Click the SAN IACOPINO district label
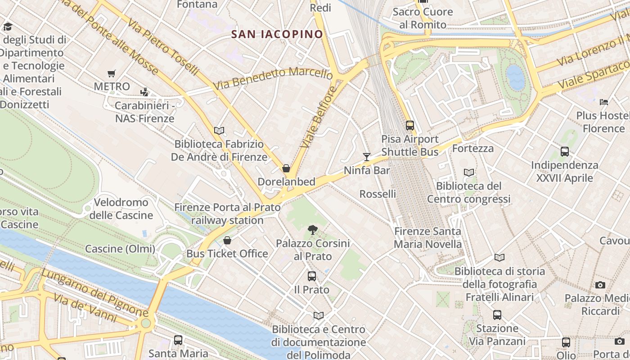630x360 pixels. (x=277, y=34)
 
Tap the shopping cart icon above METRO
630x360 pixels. (x=111, y=73)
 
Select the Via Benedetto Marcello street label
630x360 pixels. (x=273, y=78)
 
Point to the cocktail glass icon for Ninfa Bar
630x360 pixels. (x=367, y=157)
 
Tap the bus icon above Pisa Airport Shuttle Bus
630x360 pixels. (x=409, y=126)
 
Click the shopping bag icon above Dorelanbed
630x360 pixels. (x=286, y=169)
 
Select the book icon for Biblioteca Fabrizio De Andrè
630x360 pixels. (x=219, y=131)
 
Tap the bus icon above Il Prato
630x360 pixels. (x=312, y=276)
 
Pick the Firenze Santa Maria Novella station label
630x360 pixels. (x=427, y=238)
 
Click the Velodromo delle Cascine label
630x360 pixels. (x=121, y=209)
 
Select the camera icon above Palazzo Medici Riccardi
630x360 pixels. (x=600, y=285)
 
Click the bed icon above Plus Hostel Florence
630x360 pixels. (x=604, y=102)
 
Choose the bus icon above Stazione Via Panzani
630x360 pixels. (x=497, y=315)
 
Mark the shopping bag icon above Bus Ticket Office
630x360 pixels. (x=227, y=241)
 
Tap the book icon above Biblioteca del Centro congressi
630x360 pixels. (x=469, y=172)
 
